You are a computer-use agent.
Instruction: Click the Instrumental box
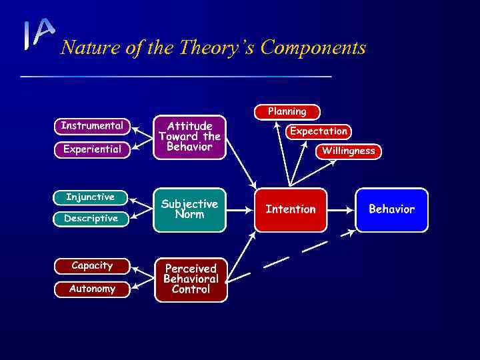point(91,125)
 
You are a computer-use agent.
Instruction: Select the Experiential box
point(91,149)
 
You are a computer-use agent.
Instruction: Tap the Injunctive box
point(90,197)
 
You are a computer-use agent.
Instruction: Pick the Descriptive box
point(90,218)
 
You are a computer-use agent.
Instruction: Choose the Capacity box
point(91,265)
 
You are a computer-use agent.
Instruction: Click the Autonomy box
point(91,289)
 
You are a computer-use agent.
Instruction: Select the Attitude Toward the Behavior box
point(189,137)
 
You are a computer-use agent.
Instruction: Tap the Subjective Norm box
point(189,209)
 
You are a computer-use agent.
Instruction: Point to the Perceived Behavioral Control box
point(190,279)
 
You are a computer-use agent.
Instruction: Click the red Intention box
point(291,209)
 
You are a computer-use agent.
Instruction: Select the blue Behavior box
point(391,209)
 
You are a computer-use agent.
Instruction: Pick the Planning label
point(287,111)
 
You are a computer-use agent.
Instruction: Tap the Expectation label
point(318,131)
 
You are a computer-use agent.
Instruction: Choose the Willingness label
point(348,151)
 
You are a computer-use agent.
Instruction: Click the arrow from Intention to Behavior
point(341,209)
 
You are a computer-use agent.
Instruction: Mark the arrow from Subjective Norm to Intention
point(239,209)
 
